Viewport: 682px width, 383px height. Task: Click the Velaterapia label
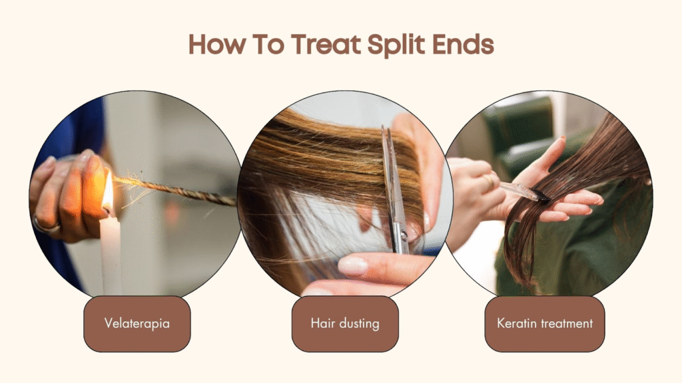click(x=137, y=324)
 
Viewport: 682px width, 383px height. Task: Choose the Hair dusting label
click(x=345, y=324)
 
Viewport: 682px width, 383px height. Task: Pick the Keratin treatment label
click(x=545, y=324)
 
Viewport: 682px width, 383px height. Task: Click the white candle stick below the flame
click(x=111, y=254)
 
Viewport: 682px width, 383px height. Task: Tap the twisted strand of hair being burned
click(x=174, y=190)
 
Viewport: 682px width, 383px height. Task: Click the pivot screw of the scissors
click(x=404, y=235)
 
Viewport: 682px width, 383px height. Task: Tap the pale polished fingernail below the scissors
click(x=353, y=265)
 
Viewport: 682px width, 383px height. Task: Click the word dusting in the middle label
click(x=359, y=324)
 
